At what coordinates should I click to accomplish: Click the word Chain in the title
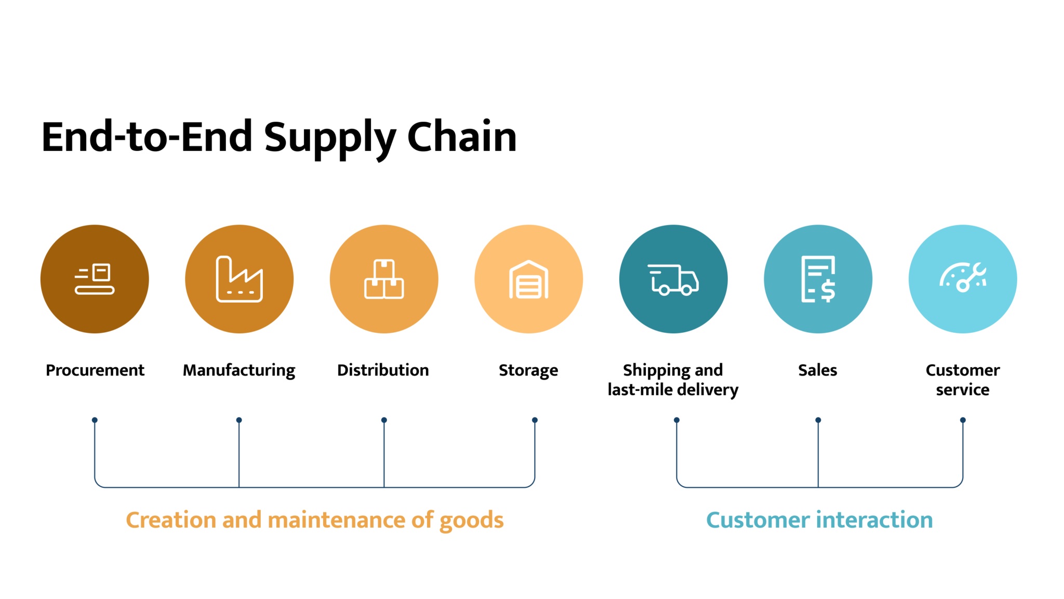tap(461, 137)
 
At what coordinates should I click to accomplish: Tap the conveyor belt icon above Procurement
tap(95, 279)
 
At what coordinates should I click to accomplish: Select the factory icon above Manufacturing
tap(239, 279)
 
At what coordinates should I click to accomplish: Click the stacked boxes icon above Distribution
tap(384, 279)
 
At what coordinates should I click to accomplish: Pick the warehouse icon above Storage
tap(528, 280)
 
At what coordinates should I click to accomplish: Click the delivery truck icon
tap(673, 279)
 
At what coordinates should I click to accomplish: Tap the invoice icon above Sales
tap(818, 279)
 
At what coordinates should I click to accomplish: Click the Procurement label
tap(95, 370)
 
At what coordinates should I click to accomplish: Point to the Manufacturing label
tap(239, 370)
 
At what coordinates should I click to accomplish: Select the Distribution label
tap(383, 370)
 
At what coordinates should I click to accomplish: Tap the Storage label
tap(528, 370)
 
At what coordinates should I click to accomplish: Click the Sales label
tap(818, 370)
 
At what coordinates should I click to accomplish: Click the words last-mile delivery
tap(673, 390)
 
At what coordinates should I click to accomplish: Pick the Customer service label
tap(963, 380)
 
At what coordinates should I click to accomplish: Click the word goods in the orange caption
tap(471, 520)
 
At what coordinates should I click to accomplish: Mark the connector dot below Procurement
tap(95, 420)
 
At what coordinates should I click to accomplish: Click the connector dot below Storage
tap(535, 420)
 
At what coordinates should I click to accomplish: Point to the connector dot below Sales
tap(818, 420)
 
